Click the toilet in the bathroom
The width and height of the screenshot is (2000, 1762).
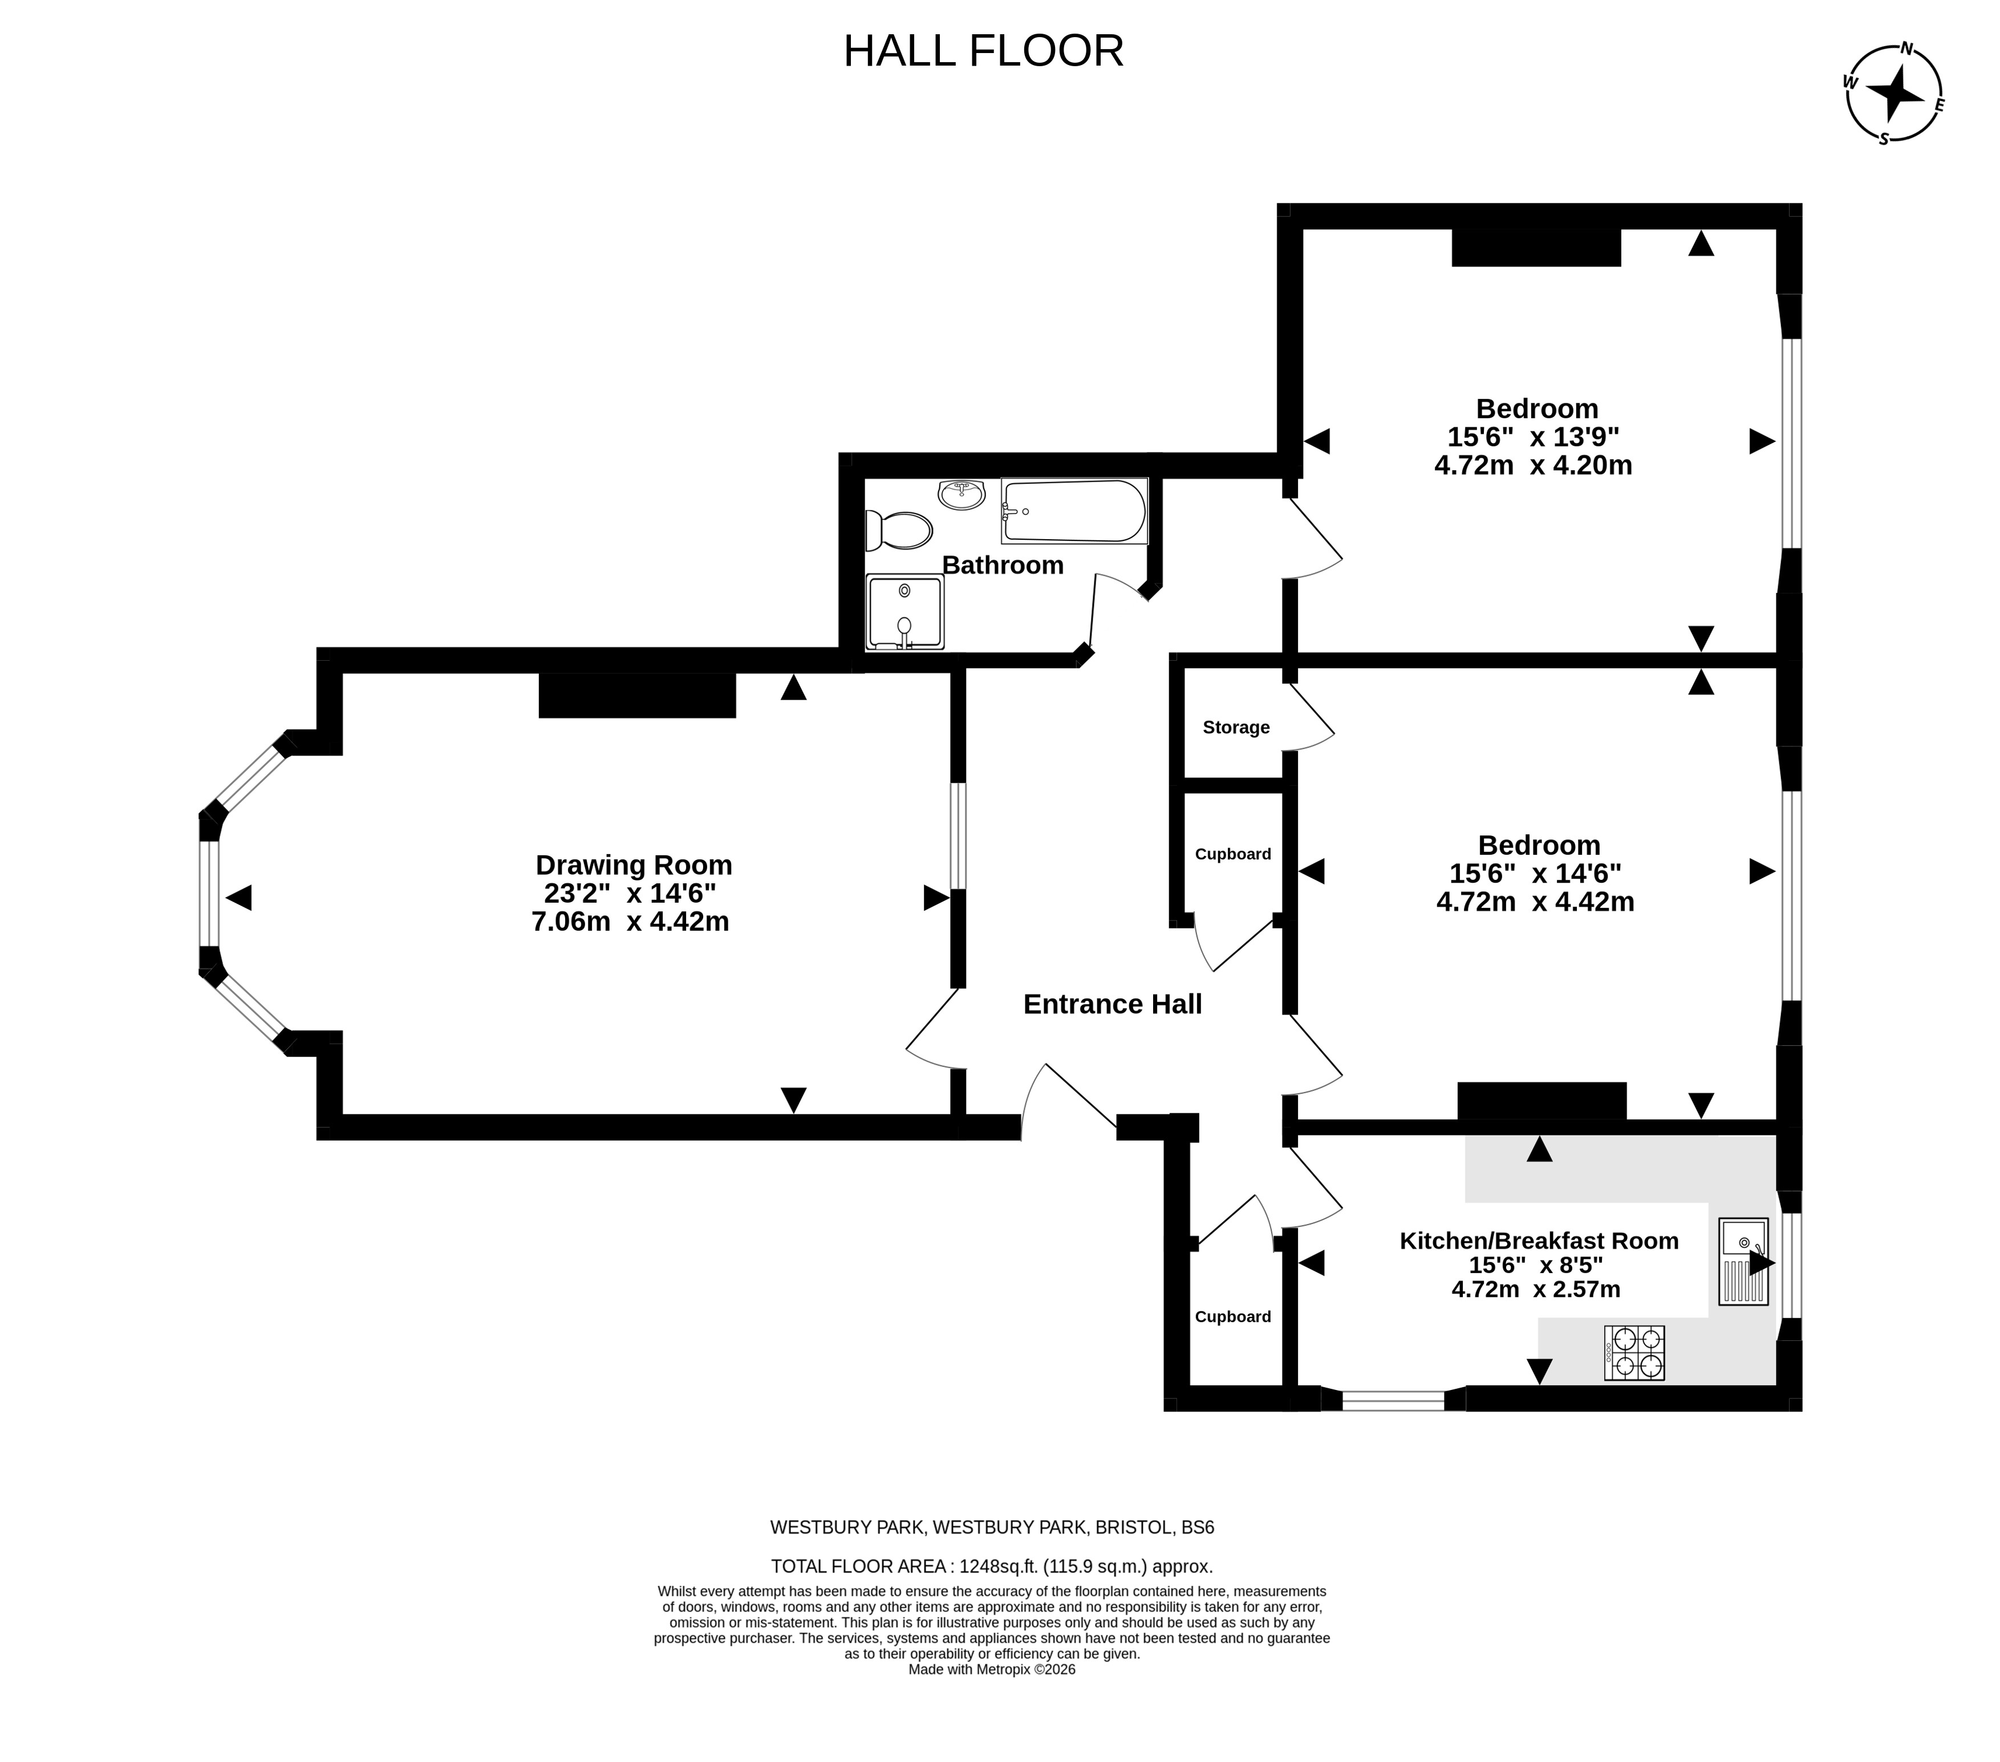point(898,531)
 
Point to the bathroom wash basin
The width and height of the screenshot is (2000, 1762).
point(961,494)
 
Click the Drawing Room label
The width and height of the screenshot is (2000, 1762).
point(634,866)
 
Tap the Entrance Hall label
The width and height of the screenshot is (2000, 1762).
point(1113,1004)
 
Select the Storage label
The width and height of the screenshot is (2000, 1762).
point(1236,728)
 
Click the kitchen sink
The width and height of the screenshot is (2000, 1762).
point(1743,1262)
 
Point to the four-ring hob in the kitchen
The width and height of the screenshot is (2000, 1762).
point(1634,1353)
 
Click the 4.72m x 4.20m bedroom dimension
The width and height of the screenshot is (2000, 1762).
point(1534,465)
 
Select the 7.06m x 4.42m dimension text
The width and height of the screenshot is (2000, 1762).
point(630,921)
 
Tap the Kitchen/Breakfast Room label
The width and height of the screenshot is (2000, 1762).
point(1539,1240)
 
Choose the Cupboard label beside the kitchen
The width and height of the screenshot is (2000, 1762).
point(1233,1316)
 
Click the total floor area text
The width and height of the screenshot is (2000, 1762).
point(992,1566)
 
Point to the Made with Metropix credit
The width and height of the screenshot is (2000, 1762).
point(992,1670)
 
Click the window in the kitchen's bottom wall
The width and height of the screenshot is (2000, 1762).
point(1393,1400)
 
